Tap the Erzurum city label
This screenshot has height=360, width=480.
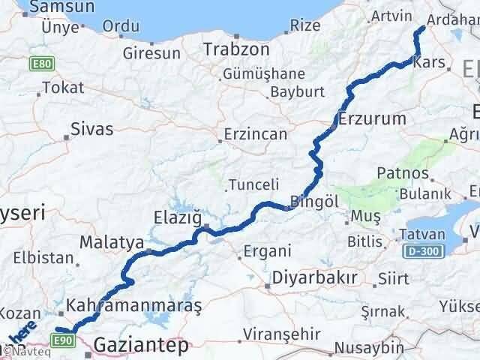(372, 118)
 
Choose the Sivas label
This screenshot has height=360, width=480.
(91, 128)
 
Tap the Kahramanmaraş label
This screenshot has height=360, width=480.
(134, 306)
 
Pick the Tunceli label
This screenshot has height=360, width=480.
(253, 184)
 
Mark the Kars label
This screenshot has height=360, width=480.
(434, 64)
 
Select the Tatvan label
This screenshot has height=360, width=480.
(422, 233)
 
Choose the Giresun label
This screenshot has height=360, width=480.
(152, 53)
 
